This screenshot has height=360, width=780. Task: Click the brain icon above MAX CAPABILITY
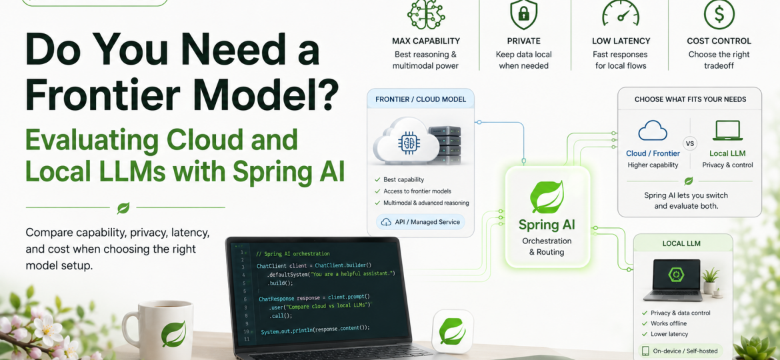point(426,14)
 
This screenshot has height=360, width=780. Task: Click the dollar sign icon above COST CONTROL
point(719,13)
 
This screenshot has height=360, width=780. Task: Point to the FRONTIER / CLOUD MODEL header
point(421,99)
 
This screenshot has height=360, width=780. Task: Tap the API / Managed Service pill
point(421,222)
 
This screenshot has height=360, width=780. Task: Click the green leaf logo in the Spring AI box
point(547,197)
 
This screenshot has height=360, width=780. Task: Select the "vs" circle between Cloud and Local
point(689,144)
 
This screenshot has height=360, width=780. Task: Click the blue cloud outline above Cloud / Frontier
point(653,130)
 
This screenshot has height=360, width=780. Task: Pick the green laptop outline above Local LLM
point(727,130)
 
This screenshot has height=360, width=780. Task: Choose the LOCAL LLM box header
point(683,243)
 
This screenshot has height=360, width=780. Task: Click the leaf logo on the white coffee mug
point(173,335)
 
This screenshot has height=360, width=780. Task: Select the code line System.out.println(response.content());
point(315,328)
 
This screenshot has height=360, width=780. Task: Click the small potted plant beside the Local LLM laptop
point(711,281)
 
